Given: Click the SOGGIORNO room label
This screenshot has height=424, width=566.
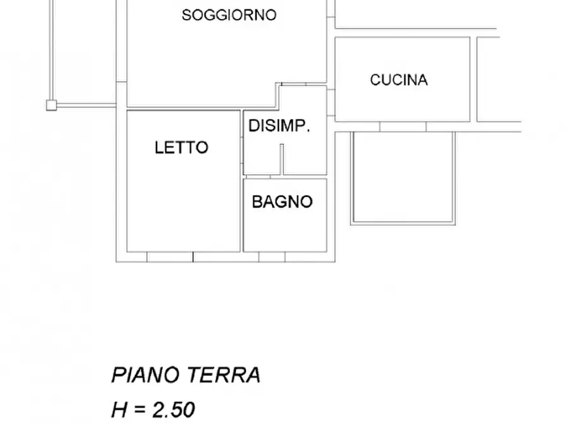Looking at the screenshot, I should point(229,15).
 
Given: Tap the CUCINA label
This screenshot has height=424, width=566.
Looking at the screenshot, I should point(399,80).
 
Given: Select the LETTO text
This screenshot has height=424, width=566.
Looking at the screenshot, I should point(181,147).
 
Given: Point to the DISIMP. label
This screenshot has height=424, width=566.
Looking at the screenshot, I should point(279,125).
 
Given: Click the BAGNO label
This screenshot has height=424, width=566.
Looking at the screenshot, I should point(282,202).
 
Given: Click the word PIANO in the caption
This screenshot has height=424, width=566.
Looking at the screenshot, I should point(146,375).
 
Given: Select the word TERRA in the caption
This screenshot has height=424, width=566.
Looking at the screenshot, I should point(224,375).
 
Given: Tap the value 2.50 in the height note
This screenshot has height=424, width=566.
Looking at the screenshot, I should point(172,409).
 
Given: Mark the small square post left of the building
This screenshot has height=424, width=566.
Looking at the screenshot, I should point(51,105).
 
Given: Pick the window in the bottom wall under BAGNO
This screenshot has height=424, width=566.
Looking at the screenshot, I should point(272,257).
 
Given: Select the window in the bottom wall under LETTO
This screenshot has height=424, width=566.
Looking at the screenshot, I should point(170,257).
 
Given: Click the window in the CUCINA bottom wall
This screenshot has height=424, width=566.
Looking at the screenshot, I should point(403,127).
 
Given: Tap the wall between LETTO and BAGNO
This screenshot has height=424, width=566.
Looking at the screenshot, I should point(242,215).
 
